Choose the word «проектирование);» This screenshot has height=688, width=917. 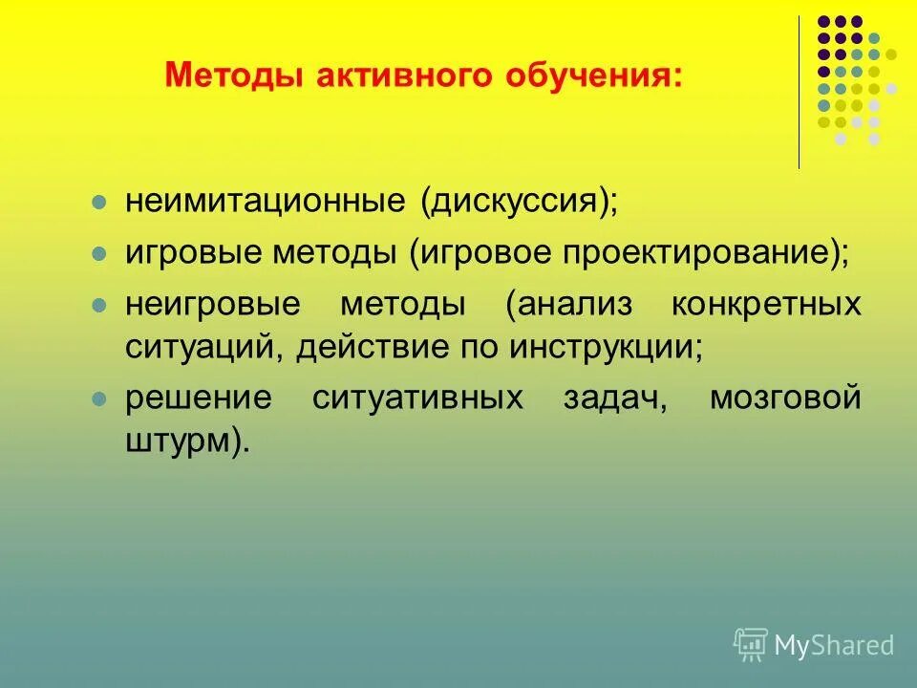click(x=704, y=254)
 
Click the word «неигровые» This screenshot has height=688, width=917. click(x=212, y=306)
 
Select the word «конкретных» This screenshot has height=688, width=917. click(x=765, y=306)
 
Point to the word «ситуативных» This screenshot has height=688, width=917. click(x=417, y=398)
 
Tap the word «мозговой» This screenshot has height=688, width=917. click(x=785, y=398)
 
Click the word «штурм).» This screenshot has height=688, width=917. click(x=186, y=441)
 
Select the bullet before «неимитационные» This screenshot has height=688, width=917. click(x=98, y=204)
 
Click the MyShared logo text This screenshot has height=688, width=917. click(x=834, y=646)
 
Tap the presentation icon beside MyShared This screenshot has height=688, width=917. click(x=751, y=645)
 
